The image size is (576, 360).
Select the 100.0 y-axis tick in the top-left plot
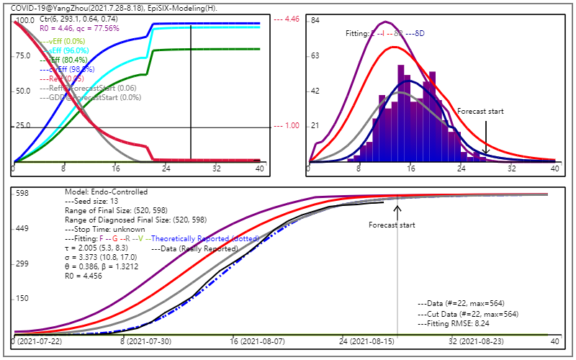24,20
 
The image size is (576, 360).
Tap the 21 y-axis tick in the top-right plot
315,126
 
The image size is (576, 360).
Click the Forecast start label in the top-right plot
481,112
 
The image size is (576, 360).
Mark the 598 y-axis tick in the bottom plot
22,193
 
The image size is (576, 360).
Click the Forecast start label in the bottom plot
392,225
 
